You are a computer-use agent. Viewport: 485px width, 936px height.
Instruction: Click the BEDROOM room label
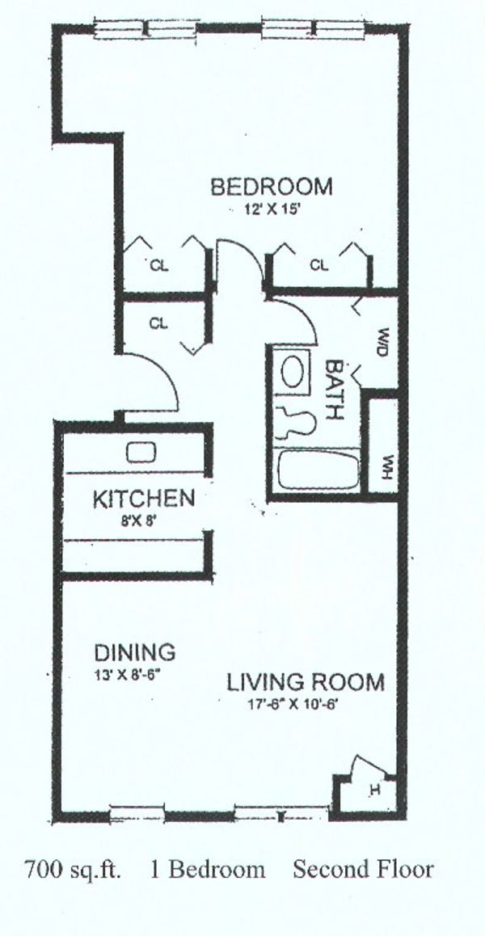click(271, 187)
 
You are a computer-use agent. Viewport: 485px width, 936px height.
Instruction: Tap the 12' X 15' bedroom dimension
click(271, 210)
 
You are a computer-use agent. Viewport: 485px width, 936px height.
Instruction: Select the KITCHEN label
click(144, 499)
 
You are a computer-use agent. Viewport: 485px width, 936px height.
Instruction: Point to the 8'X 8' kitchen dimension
click(139, 521)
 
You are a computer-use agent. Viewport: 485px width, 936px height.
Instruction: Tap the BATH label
click(335, 390)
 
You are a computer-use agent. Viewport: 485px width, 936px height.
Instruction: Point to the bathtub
click(319, 470)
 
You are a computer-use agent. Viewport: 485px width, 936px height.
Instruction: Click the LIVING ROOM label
click(306, 681)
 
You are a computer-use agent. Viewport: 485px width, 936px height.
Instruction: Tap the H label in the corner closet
click(375, 790)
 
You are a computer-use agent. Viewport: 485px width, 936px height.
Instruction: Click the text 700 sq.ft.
click(73, 869)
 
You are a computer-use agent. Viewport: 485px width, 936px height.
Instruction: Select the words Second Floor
click(363, 869)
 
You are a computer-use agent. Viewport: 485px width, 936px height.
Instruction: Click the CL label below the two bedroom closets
click(158, 323)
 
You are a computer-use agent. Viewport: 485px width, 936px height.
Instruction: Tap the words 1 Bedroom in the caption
click(207, 869)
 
